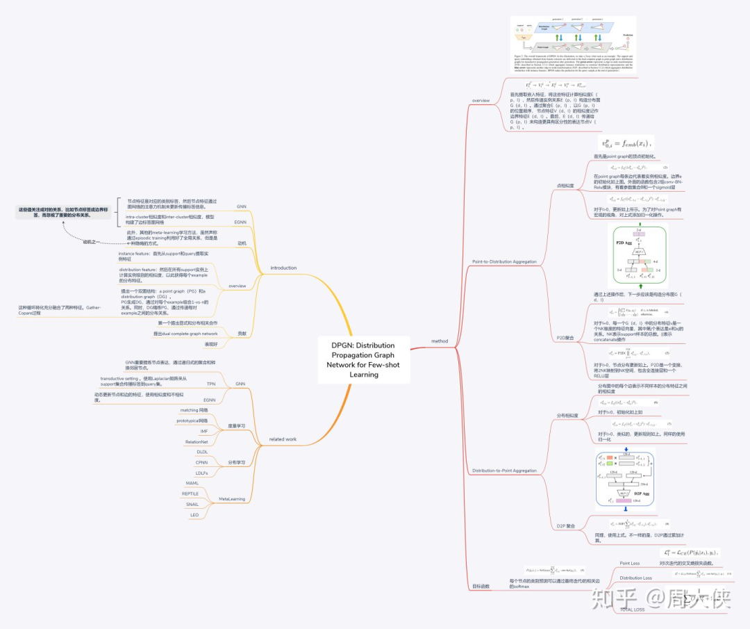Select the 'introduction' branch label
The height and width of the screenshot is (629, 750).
(x=283, y=268)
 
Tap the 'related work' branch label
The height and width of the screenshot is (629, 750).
(x=283, y=439)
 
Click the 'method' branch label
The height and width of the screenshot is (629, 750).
(x=440, y=341)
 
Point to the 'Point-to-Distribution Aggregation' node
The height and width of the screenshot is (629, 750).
(x=504, y=261)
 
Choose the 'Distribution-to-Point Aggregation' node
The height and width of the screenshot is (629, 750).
(x=504, y=471)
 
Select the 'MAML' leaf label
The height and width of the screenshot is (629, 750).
(x=192, y=483)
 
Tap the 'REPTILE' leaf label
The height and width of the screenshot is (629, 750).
(x=190, y=493)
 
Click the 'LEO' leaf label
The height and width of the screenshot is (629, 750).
(x=194, y=515)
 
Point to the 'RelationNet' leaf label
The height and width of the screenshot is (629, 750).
(x=197, y=441)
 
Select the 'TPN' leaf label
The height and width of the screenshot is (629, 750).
(x=211, y=384)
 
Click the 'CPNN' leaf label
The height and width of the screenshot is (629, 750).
(x=202, y=462)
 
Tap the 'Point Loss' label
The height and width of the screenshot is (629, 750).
(x=630, y=563)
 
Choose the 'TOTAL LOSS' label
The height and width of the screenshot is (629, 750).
(x=632, y=610)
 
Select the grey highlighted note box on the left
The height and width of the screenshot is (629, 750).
(x=64, y=212)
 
